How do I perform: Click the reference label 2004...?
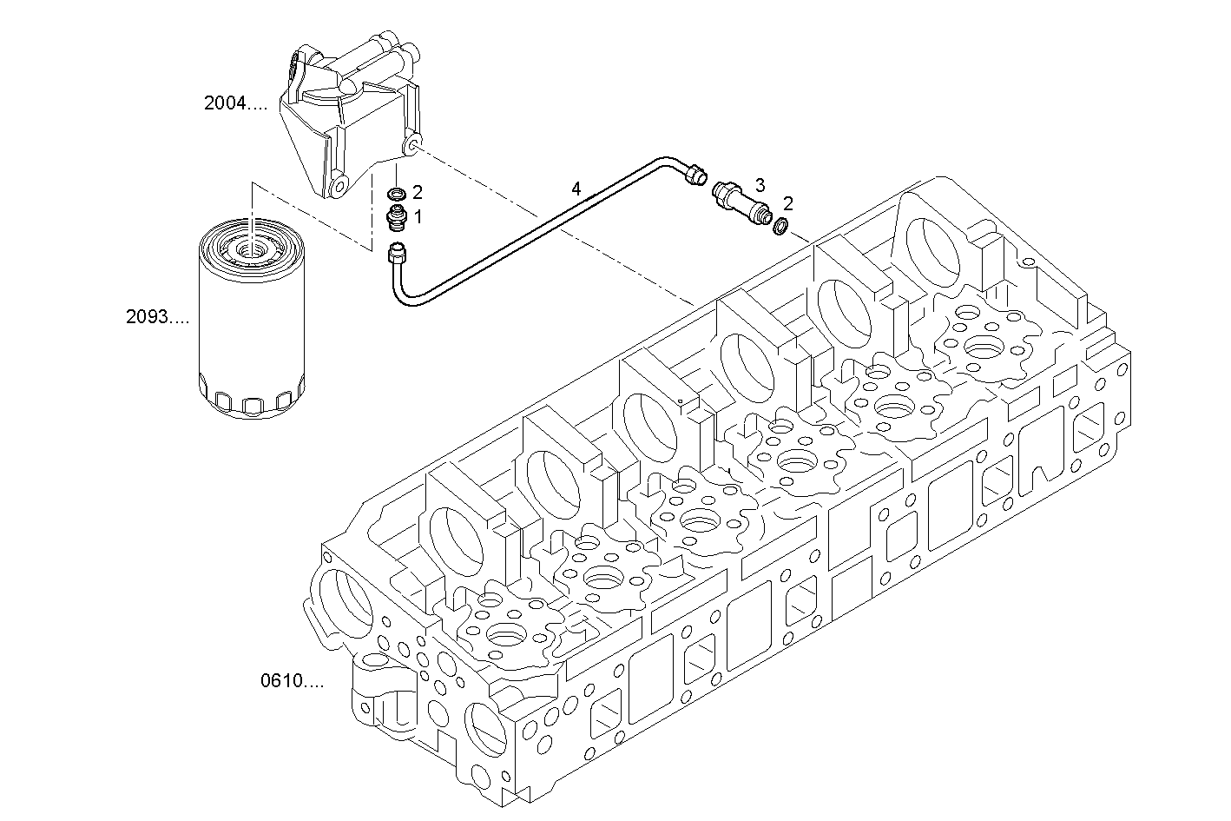pos(235,104)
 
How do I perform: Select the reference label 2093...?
pos(157,318)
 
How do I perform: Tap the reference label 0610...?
pos(292,681)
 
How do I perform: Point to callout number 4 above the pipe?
pos(576,188)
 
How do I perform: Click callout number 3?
pos(760,184)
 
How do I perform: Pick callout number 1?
pos(418,217)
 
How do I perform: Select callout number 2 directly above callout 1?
pos(418,192)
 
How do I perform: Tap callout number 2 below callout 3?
pos(788,204)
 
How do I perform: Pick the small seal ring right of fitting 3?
pos(780,228)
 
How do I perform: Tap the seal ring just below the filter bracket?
pos(396,193)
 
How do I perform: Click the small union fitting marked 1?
pos(397,218)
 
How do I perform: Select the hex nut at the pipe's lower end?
pos(396,255)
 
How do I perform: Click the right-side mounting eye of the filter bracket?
pos(413,142)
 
